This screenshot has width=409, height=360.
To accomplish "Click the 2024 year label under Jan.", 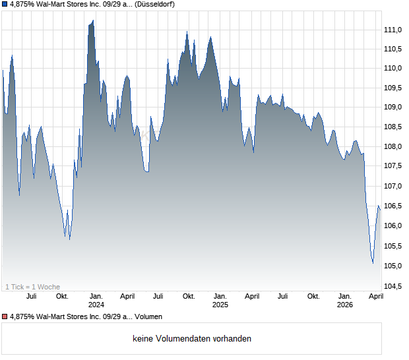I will pyautogui.click(x=96, y=305).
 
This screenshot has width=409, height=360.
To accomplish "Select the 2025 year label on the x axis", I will pyautogui.click(x=220, y=305).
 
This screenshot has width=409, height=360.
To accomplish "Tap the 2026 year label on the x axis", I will pyautogui.click(x=344, y=305).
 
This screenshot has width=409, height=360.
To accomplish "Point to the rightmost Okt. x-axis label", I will pyautogui.click(x=313, y=297).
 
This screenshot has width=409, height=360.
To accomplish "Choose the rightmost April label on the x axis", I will pyautogui.click(x=375, y=297).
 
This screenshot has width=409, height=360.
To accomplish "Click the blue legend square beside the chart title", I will pyautogui.click(x=5, y=5).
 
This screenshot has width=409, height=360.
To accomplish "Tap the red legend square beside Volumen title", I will pyautogui.click(x=5, y=317).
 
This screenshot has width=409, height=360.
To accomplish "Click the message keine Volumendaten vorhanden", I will pyautogui.click(x=192, y=339).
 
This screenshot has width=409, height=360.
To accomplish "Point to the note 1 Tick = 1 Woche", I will pyautogui.click(x=33, y=287).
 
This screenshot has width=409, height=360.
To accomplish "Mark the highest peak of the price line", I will pyautogui.click(x=93, y=20).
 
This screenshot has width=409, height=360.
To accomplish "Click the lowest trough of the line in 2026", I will pyautogui.click(x=373, y=263).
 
